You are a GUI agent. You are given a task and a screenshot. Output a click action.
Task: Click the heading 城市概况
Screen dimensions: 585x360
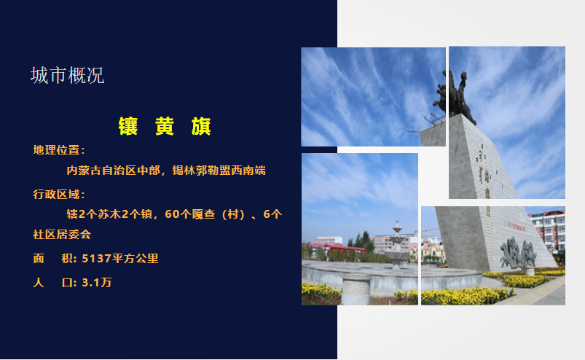pyautogui.click(x=67, y=75)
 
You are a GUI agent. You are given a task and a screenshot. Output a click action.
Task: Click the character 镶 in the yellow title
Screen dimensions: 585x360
pyautogui.click(x=128, y=126)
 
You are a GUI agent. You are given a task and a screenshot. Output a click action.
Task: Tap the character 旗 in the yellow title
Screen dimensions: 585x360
pyautogui.click(x=201, y=126)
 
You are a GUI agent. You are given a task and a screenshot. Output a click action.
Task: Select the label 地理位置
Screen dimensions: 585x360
pyautogui.click(x=56, y=150)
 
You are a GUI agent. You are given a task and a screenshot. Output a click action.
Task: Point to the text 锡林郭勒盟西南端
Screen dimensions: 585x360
pyautogui.click(x=219, y=171)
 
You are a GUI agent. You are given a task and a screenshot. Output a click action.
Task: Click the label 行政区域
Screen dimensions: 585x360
pyautogui.click(x=56, y=195)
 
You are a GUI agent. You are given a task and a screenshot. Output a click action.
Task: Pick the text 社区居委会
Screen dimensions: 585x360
pyautogui.click(x=63, y=234)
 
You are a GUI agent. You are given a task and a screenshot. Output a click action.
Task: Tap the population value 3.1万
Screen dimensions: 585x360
pyautogui.click(x=97, y=283)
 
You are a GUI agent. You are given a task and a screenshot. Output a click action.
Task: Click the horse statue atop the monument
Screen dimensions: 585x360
pyautogui.click(x=455, y=96)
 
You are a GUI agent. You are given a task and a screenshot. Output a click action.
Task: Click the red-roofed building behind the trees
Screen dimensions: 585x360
pyautogui.click(x=337, y=247)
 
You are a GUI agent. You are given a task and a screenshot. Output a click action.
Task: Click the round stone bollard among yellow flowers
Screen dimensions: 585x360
pyautogui.click(x=356, y=289)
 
